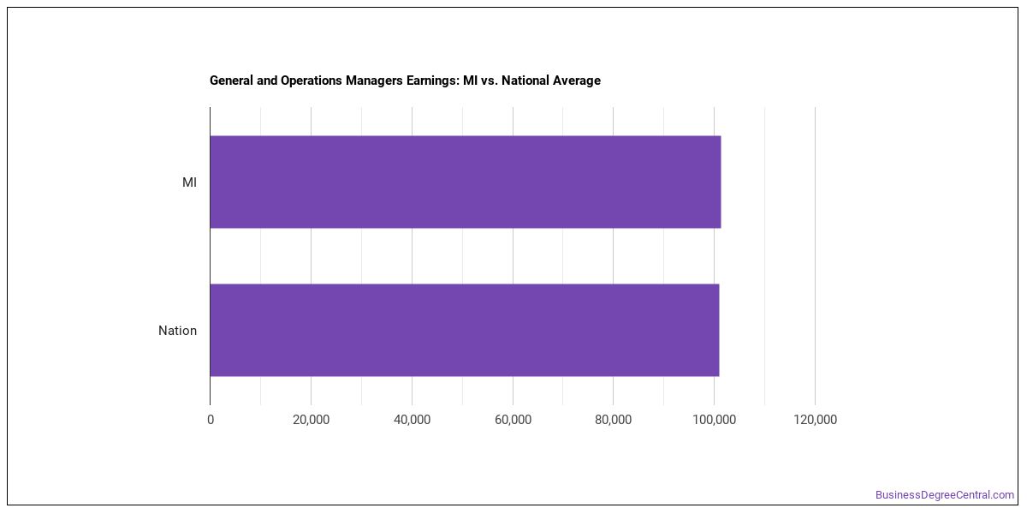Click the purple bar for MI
[466, 182]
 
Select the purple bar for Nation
[465, 330]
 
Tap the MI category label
[189, 182]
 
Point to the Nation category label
[177, 331]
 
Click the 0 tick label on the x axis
[211, 420]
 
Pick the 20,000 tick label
[312, 420]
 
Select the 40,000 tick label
[413, 420]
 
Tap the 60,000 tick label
[513, 420]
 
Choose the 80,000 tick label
[614, 420]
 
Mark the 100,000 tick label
[715, 420]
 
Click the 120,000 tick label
[815, 420]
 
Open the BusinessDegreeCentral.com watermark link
[945, 495]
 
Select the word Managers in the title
[375, 81]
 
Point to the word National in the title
[525, 81]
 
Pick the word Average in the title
[576, 81]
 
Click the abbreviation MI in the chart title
[470, 81]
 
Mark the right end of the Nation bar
[719, 330]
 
